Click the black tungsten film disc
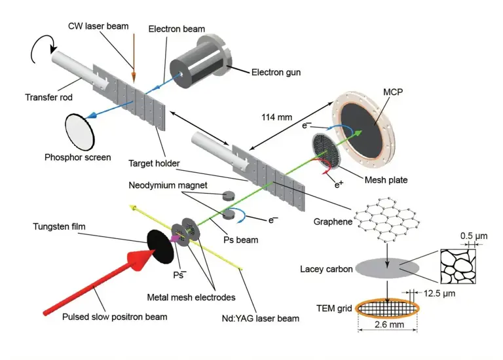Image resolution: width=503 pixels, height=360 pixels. (x=160, y=247)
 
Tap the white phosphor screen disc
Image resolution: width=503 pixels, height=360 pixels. (x=79, y=132)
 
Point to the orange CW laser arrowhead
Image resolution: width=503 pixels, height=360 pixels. (x=134, y=77)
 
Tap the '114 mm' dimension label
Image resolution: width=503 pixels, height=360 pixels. (x=276, y=117)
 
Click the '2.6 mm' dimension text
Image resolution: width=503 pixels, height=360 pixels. (x=389, y=325)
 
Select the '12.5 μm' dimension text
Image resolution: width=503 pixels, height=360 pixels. (x=439, y=293)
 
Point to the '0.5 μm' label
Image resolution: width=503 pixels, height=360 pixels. (x=474, y=236)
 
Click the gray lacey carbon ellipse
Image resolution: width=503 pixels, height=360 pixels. (x=387, y=268)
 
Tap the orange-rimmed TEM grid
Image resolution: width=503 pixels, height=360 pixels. (x=387, y=308)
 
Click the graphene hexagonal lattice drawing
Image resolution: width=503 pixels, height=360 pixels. (x=387, y=219)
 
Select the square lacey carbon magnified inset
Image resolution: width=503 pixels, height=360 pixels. (x=458, y=266)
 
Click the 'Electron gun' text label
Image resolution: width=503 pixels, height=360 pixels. (x=276, y=72)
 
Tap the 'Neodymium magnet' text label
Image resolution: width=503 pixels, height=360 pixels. (x=168, y=185)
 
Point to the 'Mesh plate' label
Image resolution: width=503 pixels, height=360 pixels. (x=386, y=180)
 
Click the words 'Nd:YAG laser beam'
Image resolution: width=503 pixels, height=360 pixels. (x=261, y=318)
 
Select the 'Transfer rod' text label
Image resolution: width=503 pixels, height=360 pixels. (x=48, y=97)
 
